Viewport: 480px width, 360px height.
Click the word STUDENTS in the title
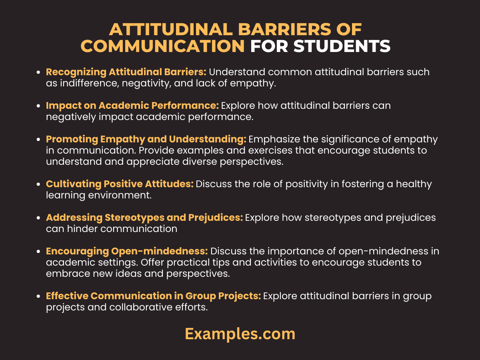342,46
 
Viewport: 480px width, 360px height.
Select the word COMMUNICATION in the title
163,46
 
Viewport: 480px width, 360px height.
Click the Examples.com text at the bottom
240,334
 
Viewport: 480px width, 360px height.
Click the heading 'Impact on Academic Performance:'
132,106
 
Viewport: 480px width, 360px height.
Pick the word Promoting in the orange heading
66,139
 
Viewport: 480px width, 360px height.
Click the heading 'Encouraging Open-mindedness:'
127,251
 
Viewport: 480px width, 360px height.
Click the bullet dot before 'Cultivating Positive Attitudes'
38,184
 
